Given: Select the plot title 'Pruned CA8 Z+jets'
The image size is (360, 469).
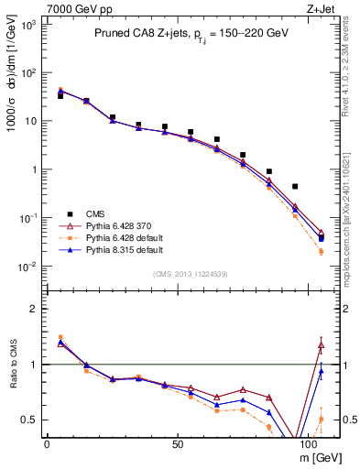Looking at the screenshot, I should (x=138, y=34).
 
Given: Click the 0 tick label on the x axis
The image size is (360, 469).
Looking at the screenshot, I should (x=47, y=444).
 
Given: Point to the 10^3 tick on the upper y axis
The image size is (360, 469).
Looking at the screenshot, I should (x=27, y=25).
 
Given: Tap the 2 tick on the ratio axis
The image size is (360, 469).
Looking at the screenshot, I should (x=31, y=309).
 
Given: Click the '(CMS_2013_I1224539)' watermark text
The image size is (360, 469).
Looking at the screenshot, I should (x=190, y=274).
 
